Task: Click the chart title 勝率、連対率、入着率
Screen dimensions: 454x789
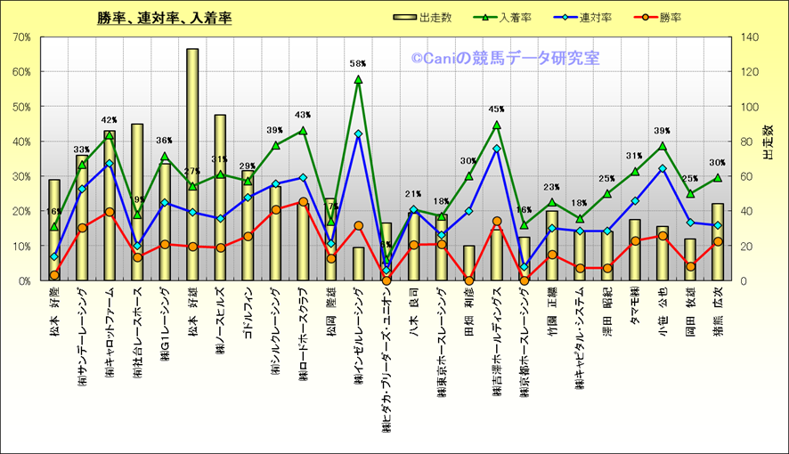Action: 165,17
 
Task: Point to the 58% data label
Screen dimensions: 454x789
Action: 358,64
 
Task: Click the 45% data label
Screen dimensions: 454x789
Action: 497,109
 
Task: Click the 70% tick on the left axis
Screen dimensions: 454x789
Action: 22,37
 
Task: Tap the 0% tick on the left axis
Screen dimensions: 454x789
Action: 24,280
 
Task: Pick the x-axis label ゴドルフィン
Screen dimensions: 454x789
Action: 248,316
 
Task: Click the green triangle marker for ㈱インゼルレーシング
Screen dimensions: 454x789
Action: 358,79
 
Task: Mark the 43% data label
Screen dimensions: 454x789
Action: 303,115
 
